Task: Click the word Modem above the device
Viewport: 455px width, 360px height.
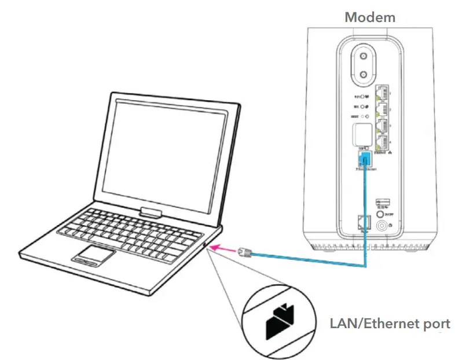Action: (x=370, y=16)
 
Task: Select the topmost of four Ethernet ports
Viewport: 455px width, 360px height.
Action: (x=383, y=92)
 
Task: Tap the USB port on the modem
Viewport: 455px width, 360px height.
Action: (x=382, y=202)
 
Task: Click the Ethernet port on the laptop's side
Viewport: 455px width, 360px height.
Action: (x=207, y=245)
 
